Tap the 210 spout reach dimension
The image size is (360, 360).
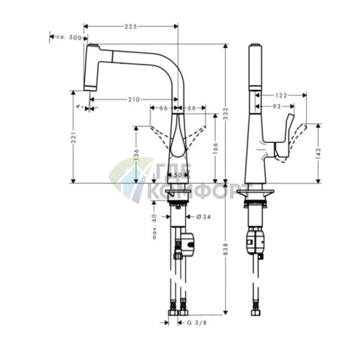pos(134,99)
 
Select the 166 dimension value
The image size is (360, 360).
pos(215,148)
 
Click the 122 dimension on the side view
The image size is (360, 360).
pos(282,94)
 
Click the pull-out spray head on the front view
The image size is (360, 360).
pos(91,67)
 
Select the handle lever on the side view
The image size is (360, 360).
pos(285,129)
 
